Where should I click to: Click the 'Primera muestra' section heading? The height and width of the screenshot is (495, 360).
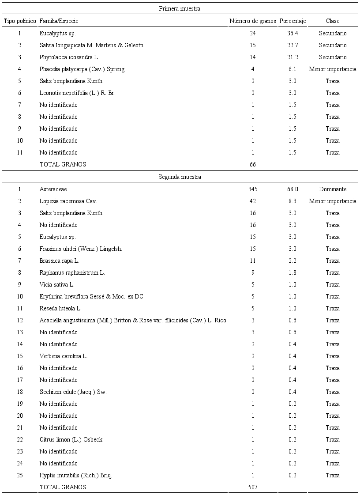(180, 8)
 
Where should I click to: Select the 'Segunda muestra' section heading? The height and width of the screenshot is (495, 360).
(180, 177)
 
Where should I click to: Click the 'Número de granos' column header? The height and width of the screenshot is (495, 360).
(252, 21)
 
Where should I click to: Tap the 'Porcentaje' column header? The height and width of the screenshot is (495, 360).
(292, 21)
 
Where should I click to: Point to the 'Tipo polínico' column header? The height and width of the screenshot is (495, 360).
(19, 21)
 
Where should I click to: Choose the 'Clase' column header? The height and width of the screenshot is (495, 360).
(333, 21)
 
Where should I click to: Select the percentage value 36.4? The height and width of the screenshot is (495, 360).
(292, 33)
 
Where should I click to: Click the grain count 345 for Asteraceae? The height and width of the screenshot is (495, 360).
(253, 189)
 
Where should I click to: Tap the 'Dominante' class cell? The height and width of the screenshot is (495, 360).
(333, 189)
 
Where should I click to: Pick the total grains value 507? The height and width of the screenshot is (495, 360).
(253, 487)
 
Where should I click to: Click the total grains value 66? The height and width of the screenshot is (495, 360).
(253, 164)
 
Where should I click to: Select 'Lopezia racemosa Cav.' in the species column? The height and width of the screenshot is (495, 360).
(68, 201)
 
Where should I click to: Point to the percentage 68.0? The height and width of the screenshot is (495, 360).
(292, 189)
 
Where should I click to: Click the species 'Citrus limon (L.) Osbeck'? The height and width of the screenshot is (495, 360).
(71, 439)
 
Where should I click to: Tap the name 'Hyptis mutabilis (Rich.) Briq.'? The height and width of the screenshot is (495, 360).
(75, 475)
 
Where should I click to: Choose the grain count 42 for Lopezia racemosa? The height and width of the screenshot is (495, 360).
(253, 201)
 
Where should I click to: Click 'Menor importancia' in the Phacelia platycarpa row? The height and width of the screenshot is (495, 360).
(333, 69)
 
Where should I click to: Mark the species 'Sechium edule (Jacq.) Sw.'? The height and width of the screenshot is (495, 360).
(73, 392)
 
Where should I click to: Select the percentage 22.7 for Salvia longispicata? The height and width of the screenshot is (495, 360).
(292, 45)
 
